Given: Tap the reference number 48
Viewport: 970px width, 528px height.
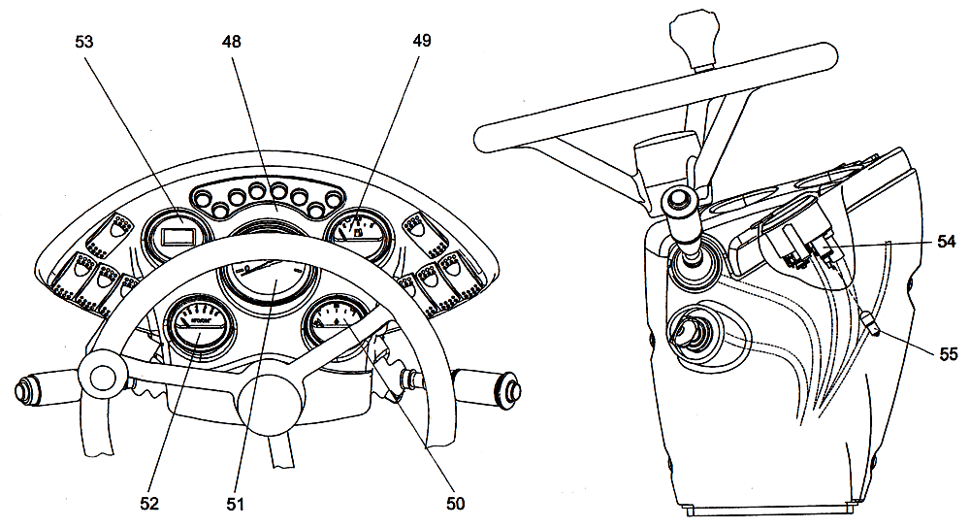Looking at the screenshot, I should point(231,43).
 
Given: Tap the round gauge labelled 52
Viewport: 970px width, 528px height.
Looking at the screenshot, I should point(201,328).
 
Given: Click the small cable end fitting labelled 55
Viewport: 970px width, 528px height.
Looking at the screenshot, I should point(870,324).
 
